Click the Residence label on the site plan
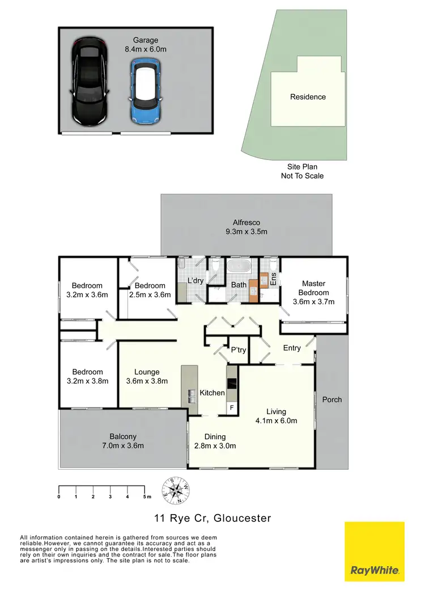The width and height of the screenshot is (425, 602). (x=308, y=97)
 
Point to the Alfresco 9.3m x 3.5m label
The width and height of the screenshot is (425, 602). (x=246, y=227)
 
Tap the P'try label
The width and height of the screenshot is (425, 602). (x=239, y=350)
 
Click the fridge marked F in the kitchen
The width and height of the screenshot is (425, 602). (x=231, y=407)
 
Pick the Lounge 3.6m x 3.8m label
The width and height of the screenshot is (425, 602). (x=147, y=377)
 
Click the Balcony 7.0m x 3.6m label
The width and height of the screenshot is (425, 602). (x=123, y=441)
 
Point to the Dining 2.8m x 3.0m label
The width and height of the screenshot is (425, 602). (x=215, y=441)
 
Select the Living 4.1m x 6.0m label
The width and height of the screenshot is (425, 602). (x=277, y=416)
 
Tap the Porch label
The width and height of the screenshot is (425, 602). (x=332, y=399)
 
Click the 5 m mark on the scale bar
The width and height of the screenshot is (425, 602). (x=144, y=496)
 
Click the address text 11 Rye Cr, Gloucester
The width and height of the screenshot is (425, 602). (x=212, y=518)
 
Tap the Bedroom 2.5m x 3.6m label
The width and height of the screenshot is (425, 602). (x=150, y=290)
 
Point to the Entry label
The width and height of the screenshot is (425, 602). (x=292, y=348)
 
